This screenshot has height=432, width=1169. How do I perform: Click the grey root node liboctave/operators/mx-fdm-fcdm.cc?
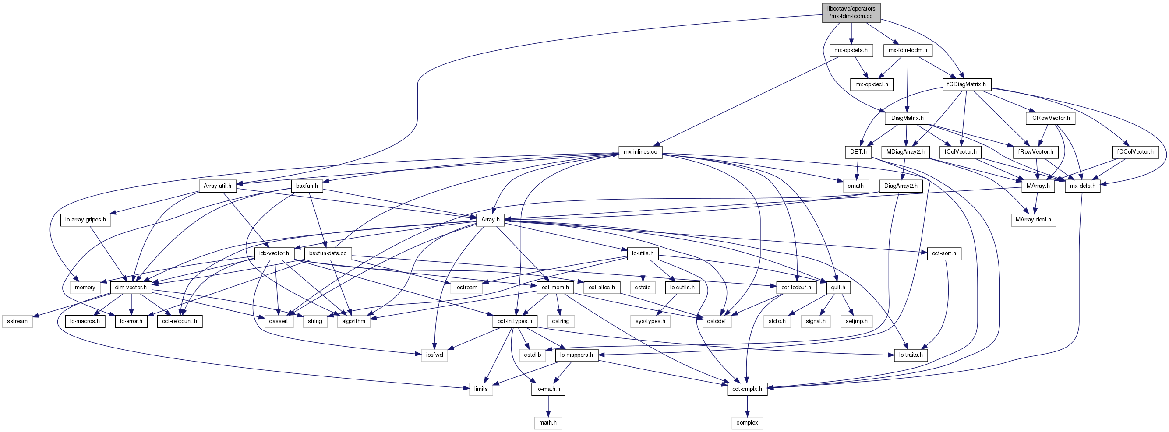tap(851, 12)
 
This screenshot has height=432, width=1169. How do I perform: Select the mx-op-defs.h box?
tap(851, 50)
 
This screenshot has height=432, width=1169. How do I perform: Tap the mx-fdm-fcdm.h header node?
tap(908, 50)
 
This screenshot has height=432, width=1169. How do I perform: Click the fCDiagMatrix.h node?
tap(967, 84)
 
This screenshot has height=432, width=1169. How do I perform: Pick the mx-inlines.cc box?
tap(640, 152)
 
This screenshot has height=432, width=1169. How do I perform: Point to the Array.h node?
tap(490, 220)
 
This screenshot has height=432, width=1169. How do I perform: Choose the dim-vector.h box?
tap(131, 288)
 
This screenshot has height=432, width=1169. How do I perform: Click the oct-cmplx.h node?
tap(747, 389)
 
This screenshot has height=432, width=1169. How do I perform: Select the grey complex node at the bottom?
tap(747, 423)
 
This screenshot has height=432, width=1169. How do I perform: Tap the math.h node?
tap(548, 423)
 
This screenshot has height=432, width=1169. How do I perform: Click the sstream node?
tap(17, 321)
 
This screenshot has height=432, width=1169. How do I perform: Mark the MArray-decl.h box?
tap(1033, 220)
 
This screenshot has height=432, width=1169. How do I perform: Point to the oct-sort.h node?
tap(944, 253)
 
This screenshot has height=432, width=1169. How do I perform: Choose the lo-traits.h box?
tap(911, 355)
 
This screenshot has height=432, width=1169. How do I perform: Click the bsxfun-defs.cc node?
tap(328, 253)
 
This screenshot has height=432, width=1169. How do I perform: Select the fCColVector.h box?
tap(1135, 152)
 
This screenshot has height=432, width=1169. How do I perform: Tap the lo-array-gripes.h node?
tap(85, 220)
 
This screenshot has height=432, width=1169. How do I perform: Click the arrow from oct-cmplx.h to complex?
tap(747, 406)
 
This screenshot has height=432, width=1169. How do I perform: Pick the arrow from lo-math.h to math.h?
tap(548, 406)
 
